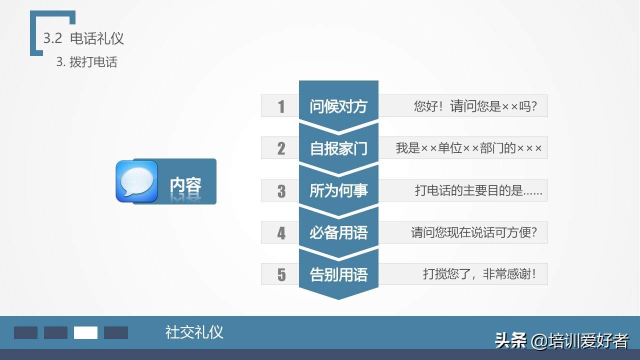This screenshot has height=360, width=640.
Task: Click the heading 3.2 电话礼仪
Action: coord(83,38)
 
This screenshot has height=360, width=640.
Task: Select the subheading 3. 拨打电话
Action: coord(86,62)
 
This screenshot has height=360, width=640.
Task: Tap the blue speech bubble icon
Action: coord(136,181)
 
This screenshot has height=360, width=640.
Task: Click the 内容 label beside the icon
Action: coord(185,185)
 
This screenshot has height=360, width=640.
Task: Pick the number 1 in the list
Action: coord(281,106)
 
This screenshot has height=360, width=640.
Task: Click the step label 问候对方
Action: coord(338,106)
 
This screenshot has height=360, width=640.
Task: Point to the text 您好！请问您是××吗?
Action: coord(475,106)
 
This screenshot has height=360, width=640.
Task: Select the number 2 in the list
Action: coord(281,148)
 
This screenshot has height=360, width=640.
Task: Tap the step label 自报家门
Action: coord(338,148)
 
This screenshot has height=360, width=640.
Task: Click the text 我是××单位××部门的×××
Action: coord(468,148)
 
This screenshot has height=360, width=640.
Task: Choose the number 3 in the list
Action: coord(281,191)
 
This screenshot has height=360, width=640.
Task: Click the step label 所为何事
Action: coord(338,190)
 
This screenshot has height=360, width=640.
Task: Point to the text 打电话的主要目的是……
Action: coord(478,190)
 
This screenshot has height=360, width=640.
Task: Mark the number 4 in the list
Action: coord(281,233)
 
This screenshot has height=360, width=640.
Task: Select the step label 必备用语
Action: coord(338,232)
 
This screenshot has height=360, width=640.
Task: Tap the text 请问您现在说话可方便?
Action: coord(473,232)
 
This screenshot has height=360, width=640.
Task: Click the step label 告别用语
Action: coord(338,274)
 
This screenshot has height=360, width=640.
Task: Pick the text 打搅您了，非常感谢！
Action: coord(479,274)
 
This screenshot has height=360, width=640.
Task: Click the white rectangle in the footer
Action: coord(85,332)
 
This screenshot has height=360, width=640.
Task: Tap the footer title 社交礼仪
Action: coord(194,332)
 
